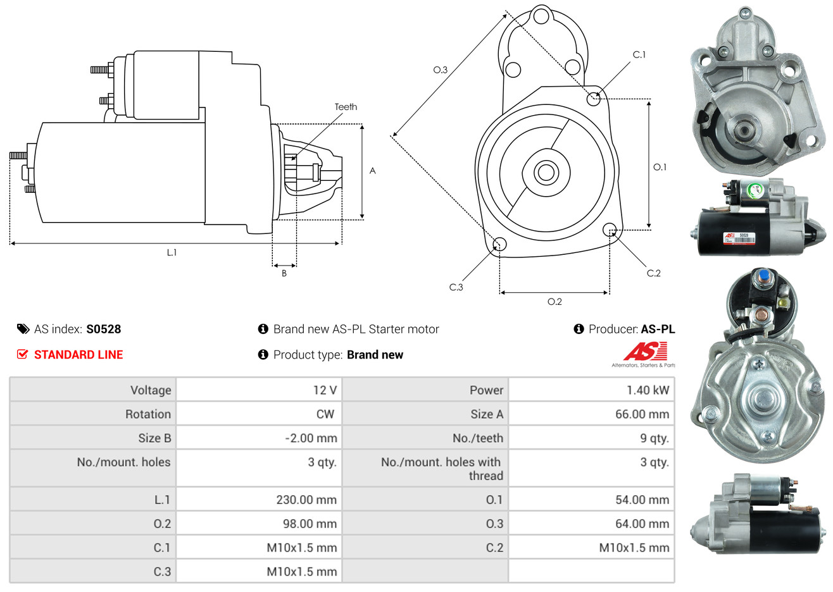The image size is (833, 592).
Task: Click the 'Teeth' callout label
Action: pos(346,107)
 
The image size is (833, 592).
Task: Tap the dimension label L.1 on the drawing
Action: pos(172,252)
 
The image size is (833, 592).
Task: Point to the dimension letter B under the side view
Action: pos(284,273)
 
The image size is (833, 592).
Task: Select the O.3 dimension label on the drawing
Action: pos(440,70)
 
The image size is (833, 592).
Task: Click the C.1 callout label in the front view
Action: pos(639,55)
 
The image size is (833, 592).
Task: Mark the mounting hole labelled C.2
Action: pos(610,230)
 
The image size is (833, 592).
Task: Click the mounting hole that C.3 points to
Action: pos(499,245)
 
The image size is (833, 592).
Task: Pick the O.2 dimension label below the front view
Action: pos(554,302)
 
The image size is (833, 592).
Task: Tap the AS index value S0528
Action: pos(103,329)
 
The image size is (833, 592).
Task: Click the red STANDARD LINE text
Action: pos(78,355)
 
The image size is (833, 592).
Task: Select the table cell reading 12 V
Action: pos(325,390)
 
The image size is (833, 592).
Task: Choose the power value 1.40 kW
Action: pos(648,390)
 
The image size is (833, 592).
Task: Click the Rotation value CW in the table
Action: pos(325,414)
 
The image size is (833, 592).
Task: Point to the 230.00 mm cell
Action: pos(306,500)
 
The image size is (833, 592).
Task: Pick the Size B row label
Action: pos(154,438)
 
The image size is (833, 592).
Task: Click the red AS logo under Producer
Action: pos(645,352)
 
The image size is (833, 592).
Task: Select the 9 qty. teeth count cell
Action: pos(654,438)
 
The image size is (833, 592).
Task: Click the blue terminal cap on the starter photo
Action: pos(763,276)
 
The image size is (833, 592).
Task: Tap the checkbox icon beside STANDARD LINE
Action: pos(23,354)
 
